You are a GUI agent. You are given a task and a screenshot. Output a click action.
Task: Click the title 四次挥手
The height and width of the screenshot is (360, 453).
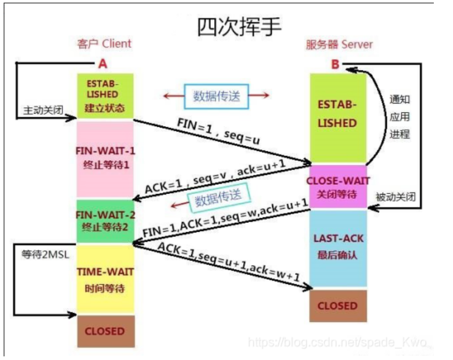click(239, 27)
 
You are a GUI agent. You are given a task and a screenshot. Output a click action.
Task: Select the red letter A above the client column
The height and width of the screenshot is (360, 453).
click(103, 64)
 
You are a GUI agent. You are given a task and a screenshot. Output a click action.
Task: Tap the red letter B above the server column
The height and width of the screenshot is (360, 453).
click(335, 64)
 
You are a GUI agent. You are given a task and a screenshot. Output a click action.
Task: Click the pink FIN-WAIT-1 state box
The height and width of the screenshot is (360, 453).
click(105, 159)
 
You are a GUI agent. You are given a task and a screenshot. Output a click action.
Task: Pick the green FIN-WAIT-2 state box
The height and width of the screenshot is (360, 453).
click(105, 221)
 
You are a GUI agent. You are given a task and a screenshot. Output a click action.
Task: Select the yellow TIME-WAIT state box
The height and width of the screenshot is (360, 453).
click(105, 279)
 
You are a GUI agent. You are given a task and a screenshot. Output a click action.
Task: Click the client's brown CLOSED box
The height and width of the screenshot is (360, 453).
click(106, 331)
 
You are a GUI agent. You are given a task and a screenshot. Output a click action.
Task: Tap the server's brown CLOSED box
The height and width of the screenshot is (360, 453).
click(338, 306)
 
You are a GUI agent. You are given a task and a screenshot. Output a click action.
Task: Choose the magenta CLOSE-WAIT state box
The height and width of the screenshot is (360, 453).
click(338, 187)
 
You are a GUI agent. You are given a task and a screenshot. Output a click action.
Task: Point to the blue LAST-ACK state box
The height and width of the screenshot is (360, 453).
click(338, 248)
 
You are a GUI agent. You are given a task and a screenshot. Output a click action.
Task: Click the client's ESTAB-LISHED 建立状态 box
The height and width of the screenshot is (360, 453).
click(105, 96)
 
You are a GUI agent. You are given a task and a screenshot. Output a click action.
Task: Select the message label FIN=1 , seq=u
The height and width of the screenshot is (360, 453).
click(218, 131)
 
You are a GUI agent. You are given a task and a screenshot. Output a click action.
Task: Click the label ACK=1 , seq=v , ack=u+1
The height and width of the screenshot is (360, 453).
click(215, 176)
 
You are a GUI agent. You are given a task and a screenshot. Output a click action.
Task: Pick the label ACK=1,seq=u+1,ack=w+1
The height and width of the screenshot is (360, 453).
click(228, 261)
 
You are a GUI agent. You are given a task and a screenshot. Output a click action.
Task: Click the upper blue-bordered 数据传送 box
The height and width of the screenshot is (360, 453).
click(216, 96)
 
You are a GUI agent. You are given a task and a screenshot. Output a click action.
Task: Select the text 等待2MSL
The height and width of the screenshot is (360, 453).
click(46, 255)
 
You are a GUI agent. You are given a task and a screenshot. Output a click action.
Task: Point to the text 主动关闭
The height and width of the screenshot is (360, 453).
click(43, 110)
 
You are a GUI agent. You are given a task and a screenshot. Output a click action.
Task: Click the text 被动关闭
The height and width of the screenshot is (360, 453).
click(395, 197)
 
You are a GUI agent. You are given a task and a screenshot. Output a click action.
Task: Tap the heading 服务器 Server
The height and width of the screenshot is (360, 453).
click(339, 45)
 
